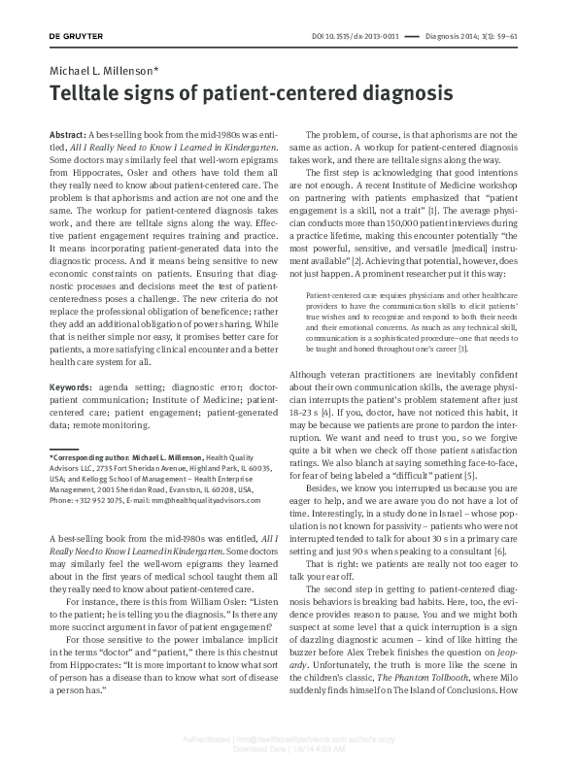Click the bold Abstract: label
(x=67, y=131)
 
